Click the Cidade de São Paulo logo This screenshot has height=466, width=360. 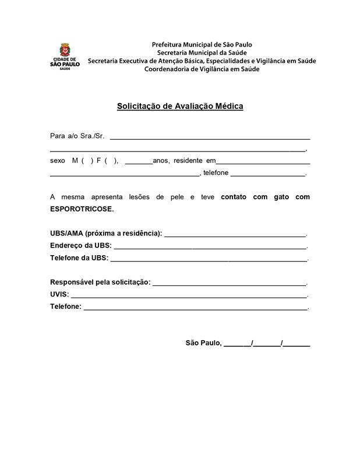(65, 57)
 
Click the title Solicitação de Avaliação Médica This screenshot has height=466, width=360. (180, 106)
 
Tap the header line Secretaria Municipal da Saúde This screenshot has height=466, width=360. (202, 52)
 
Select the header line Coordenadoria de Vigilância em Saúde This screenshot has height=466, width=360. (202, 69)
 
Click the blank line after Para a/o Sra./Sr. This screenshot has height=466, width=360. (210, 137)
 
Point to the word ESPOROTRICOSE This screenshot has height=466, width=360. (82, 209)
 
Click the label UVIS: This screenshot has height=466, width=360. (59, 294)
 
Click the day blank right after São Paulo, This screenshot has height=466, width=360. (237, 344)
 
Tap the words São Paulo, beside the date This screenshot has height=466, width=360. (203, 343)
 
